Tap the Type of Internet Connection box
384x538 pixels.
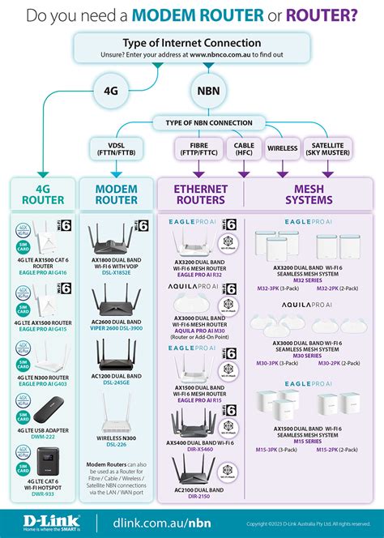pos(192,47)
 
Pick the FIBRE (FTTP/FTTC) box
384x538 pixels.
pos(193,149)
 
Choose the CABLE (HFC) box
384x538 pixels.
pos(243,149)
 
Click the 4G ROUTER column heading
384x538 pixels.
pos(41,195)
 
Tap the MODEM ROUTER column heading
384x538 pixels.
pos(116,195)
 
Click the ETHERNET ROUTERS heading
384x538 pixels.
pos(201,195)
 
